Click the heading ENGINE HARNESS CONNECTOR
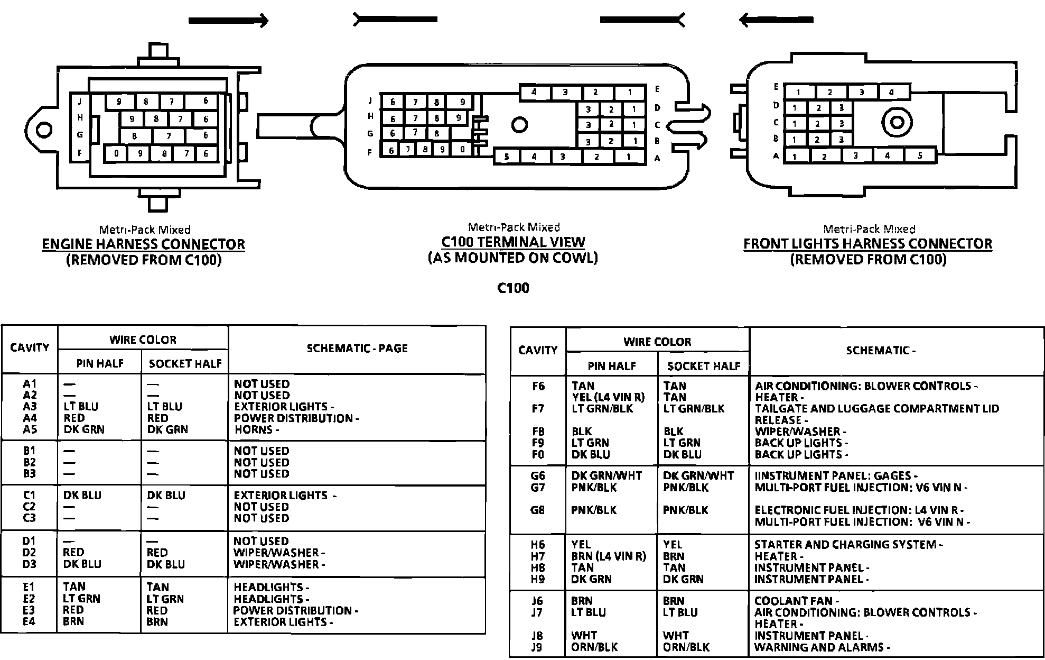(143, 244)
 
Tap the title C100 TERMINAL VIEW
(513, 242)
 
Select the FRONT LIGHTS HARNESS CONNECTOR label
(867, 244)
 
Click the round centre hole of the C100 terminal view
(519, 125)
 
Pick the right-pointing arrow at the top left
(228, 21)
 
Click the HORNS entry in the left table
(256, 429)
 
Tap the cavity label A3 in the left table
(30, 407)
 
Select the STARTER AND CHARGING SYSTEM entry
(847, 545)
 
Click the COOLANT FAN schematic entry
(796, 601)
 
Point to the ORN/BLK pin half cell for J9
(594, 647)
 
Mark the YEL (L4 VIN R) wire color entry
(608, 397)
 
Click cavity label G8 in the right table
(538, 510)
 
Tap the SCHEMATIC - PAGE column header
(357, 349)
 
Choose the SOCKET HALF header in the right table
(704, 366)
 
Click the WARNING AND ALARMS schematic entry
(822, 647)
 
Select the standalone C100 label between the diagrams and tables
(513, 288)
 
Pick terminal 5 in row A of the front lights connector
(920, 155)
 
